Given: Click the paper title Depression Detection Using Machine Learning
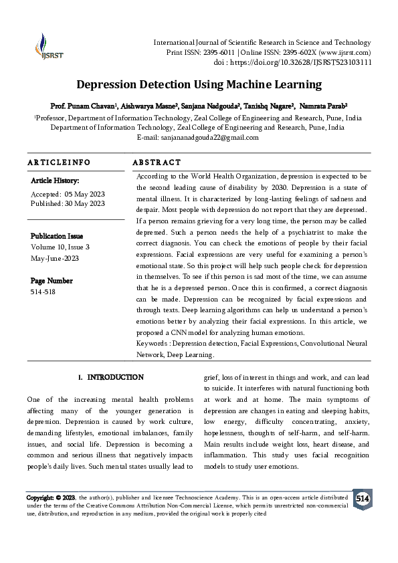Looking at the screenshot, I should pyautogui.click(x=199, y=85).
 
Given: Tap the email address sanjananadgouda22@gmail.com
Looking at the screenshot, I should pyautogui.click(x=209, y=137).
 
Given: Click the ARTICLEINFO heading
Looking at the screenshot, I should pyautogui.click(x=59, y=162).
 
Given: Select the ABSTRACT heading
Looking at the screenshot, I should pyautogui.click(x=157, y=162).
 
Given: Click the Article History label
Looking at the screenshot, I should pyautogui.click(x=55, y=181).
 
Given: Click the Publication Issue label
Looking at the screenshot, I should pyautogui.click(x=57, y=236).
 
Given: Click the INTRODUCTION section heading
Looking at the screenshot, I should pyautogui.click(x=115, y=378).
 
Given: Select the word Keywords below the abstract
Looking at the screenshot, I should pyautogui.click(x=151, y=343).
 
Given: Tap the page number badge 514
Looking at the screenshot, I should pyautogui.click(x=362, y=499).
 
